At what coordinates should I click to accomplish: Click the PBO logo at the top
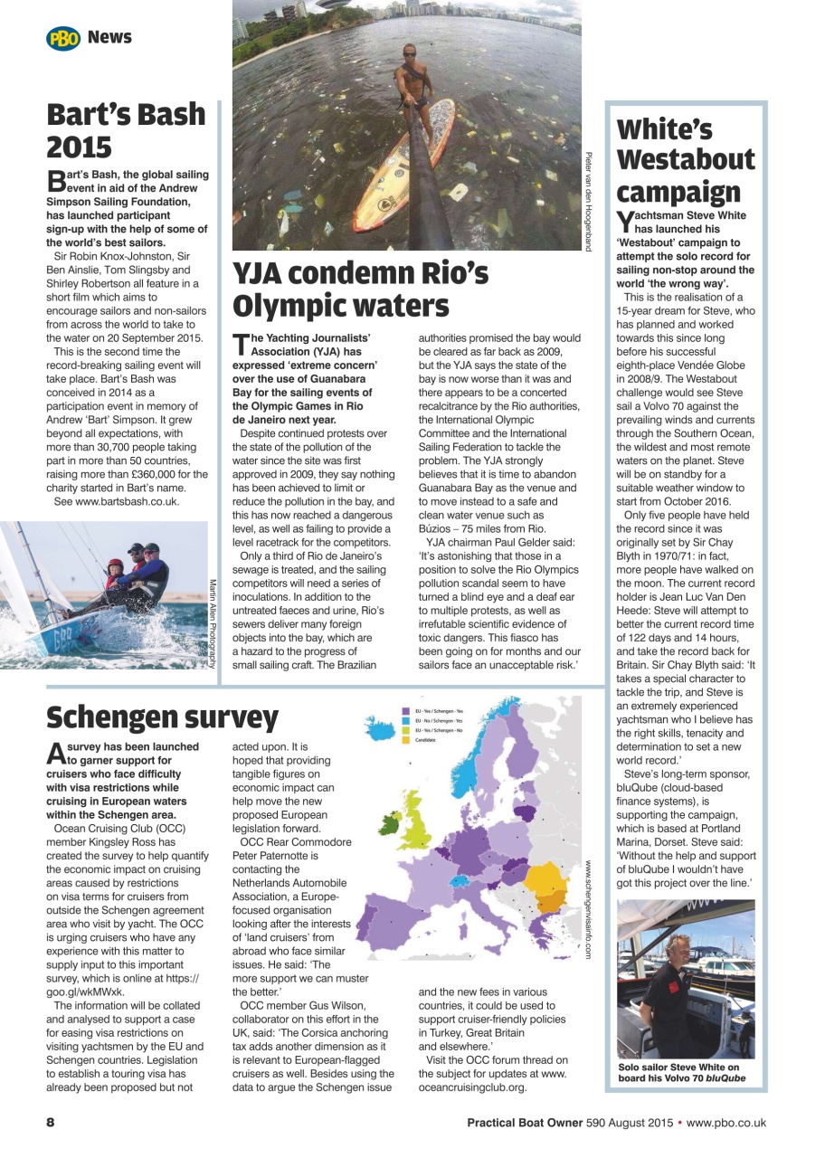63,38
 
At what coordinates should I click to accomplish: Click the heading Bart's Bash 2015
127,131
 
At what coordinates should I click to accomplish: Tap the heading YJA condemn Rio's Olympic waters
361,289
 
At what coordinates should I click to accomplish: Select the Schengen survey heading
163,717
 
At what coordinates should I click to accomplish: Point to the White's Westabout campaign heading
686,160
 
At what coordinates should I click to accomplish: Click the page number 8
51,1123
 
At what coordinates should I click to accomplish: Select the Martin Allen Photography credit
213,624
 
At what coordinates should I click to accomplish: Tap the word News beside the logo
109,37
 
